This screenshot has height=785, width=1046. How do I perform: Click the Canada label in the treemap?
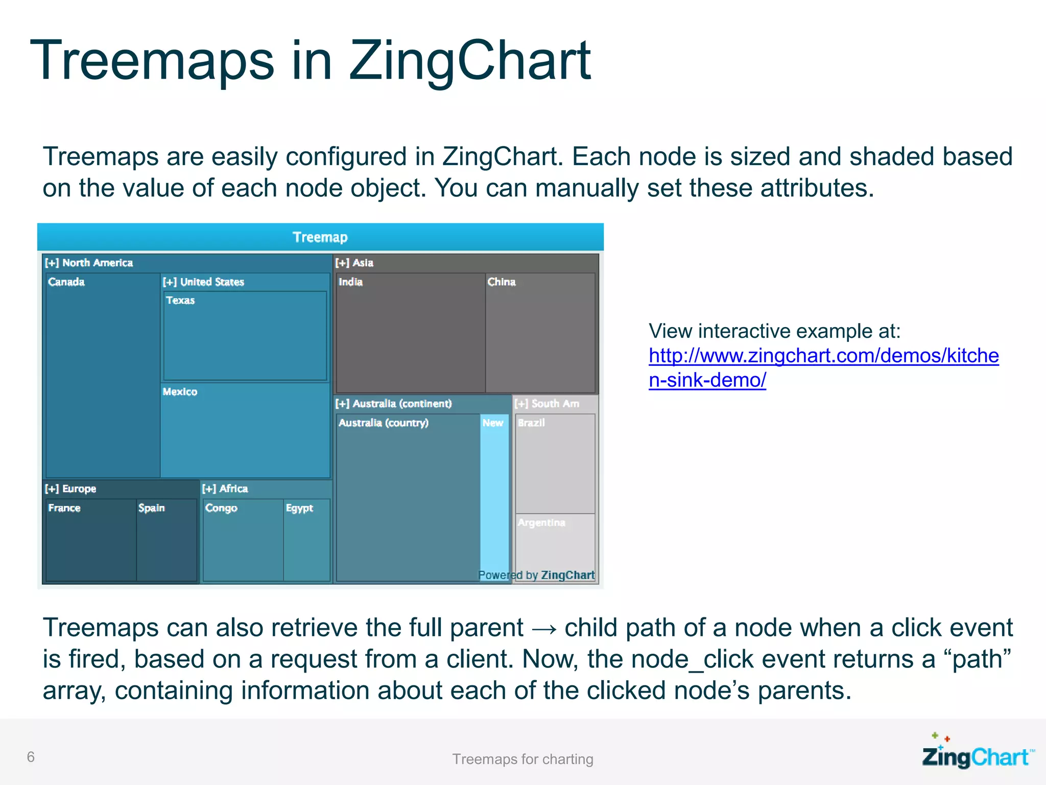click(x=66, y=282)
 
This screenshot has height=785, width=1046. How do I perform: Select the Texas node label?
click(x=180, y=301)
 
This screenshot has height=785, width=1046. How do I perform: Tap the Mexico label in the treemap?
click(x=180, y=392)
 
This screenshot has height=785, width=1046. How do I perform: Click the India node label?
click(x=350, y=282)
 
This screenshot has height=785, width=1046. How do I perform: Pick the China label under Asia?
click(x=502, y=282)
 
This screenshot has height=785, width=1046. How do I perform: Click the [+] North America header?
click(x=89, y=263)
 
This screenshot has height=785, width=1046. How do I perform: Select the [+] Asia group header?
click(x=354, y=263)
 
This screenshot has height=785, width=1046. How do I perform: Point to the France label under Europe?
click(x=64, y=508)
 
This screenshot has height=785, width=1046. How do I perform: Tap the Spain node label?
click(x=152, y=508)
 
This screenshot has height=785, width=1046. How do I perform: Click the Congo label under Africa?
click(x=221, y=508)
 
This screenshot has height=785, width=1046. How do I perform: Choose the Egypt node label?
click(x=299, y=508)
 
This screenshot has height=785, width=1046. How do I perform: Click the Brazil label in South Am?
click(x=531, y=423)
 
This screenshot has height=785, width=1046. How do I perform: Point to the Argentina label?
click(x=541, y=523)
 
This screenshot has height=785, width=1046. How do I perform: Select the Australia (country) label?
click(x=384, y=423)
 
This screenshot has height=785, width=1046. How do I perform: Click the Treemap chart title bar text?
click(x=320, y=237)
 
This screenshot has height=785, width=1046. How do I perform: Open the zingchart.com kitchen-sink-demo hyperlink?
click(x=823, y=356)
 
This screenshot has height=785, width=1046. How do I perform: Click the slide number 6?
click(x=31, y=757)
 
